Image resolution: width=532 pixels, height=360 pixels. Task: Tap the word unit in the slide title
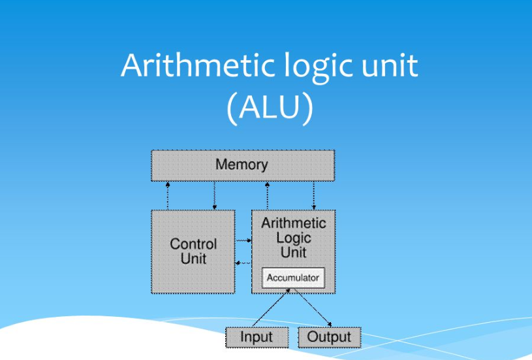388,67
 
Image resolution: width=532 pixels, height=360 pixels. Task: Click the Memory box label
242,165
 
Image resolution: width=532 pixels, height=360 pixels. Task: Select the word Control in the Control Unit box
193,244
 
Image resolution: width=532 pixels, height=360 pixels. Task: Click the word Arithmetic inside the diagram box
293,223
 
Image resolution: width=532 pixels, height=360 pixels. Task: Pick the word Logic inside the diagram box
293,238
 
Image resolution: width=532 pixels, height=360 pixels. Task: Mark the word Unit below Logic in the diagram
293,252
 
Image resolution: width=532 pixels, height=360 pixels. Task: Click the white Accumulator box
293,278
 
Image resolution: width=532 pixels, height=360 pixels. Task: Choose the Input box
257,337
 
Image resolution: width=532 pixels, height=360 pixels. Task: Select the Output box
329,337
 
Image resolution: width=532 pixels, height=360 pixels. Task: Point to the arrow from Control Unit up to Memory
168,195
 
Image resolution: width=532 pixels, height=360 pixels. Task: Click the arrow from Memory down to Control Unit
215,195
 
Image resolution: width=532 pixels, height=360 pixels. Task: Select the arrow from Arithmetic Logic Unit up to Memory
267,195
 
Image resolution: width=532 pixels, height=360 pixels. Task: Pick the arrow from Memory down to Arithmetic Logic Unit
314,195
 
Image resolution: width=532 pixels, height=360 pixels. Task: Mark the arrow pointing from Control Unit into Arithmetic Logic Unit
243,241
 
